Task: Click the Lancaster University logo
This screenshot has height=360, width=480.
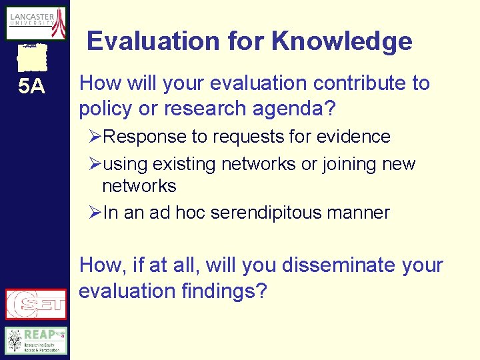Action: point(36,23)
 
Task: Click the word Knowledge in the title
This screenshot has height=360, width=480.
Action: point(342,41)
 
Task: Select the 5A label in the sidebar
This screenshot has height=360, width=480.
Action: point(31,87)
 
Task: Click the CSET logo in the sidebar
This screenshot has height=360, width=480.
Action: point(36,304)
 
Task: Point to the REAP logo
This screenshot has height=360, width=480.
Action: point(36,340)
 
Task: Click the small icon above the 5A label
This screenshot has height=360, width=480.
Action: point(32,57)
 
